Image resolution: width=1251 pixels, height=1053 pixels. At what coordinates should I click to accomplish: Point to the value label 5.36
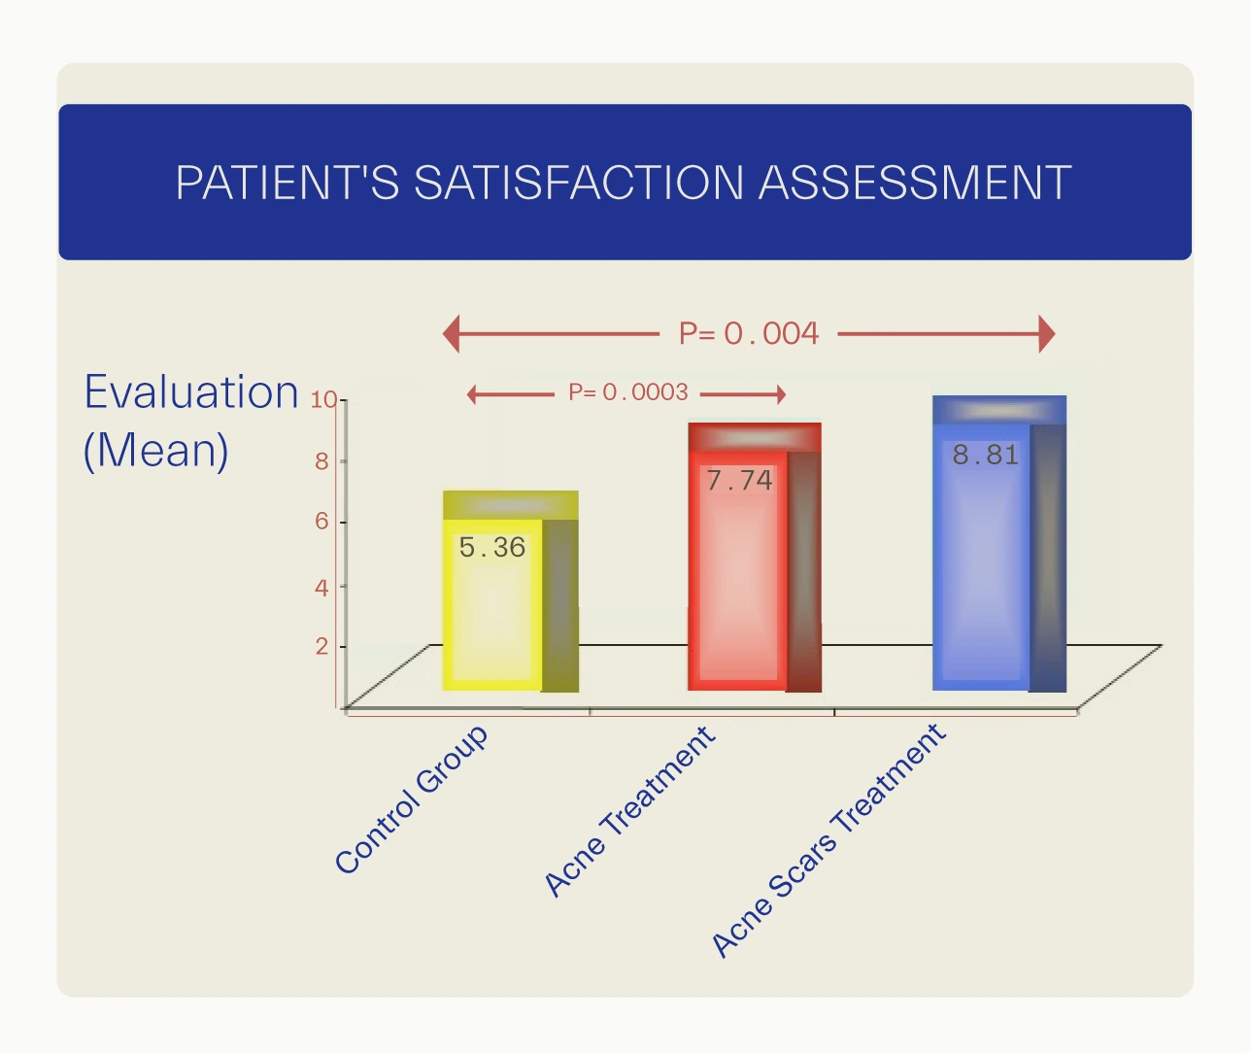491,548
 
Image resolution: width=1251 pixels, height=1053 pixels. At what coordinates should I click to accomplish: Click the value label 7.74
739,481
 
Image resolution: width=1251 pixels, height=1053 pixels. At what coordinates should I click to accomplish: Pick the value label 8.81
985,455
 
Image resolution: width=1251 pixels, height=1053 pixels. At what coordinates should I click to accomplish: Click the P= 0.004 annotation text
749,334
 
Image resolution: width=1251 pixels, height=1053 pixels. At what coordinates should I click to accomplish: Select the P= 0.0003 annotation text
628,392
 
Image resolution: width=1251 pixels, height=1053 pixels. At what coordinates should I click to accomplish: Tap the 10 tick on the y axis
322,399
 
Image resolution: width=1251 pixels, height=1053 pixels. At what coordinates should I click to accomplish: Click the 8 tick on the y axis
321,461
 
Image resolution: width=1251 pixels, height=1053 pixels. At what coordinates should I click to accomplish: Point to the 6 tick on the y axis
321,522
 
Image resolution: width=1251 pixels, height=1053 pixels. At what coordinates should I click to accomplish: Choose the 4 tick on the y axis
321,587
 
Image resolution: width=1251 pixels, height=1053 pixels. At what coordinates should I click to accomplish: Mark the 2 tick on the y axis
321,646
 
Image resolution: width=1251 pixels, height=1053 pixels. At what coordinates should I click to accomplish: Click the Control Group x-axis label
411,799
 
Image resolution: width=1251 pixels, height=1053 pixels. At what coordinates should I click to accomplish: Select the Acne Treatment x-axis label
629,811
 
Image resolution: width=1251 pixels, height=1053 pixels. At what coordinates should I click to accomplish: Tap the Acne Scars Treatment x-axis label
828,841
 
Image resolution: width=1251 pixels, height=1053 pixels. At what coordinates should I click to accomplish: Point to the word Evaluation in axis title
191,392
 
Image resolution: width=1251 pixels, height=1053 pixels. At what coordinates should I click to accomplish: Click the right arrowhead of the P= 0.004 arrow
1046,334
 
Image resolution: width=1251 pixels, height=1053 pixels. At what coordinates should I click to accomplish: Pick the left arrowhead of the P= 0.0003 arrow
473,394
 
